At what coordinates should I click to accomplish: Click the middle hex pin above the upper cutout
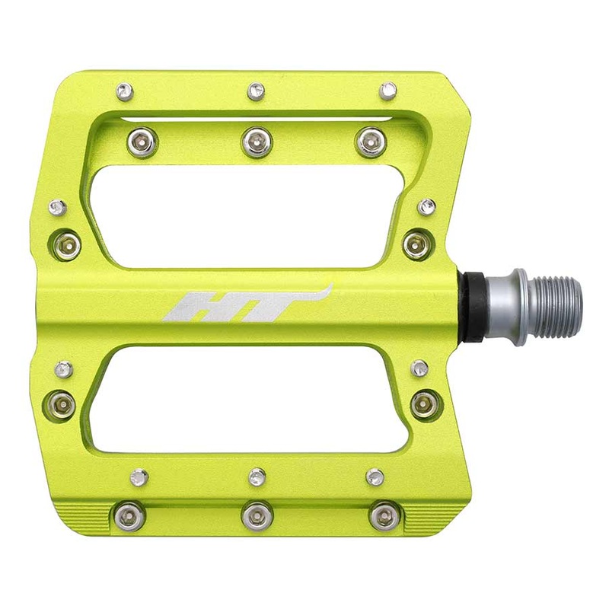[x=257, y=141]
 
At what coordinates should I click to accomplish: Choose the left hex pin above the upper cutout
[x=142, y=142]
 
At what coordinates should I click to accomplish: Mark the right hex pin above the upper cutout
[x=371, y=141]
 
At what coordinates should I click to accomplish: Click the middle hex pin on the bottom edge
[x=257, y=516]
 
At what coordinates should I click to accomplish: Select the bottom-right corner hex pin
[x=383, y=516]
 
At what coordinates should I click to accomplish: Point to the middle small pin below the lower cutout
[x=257, y=477]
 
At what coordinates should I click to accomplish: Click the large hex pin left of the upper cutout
[x=66, y=245]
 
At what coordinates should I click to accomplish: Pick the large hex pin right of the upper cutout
[x=417, y=244]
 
